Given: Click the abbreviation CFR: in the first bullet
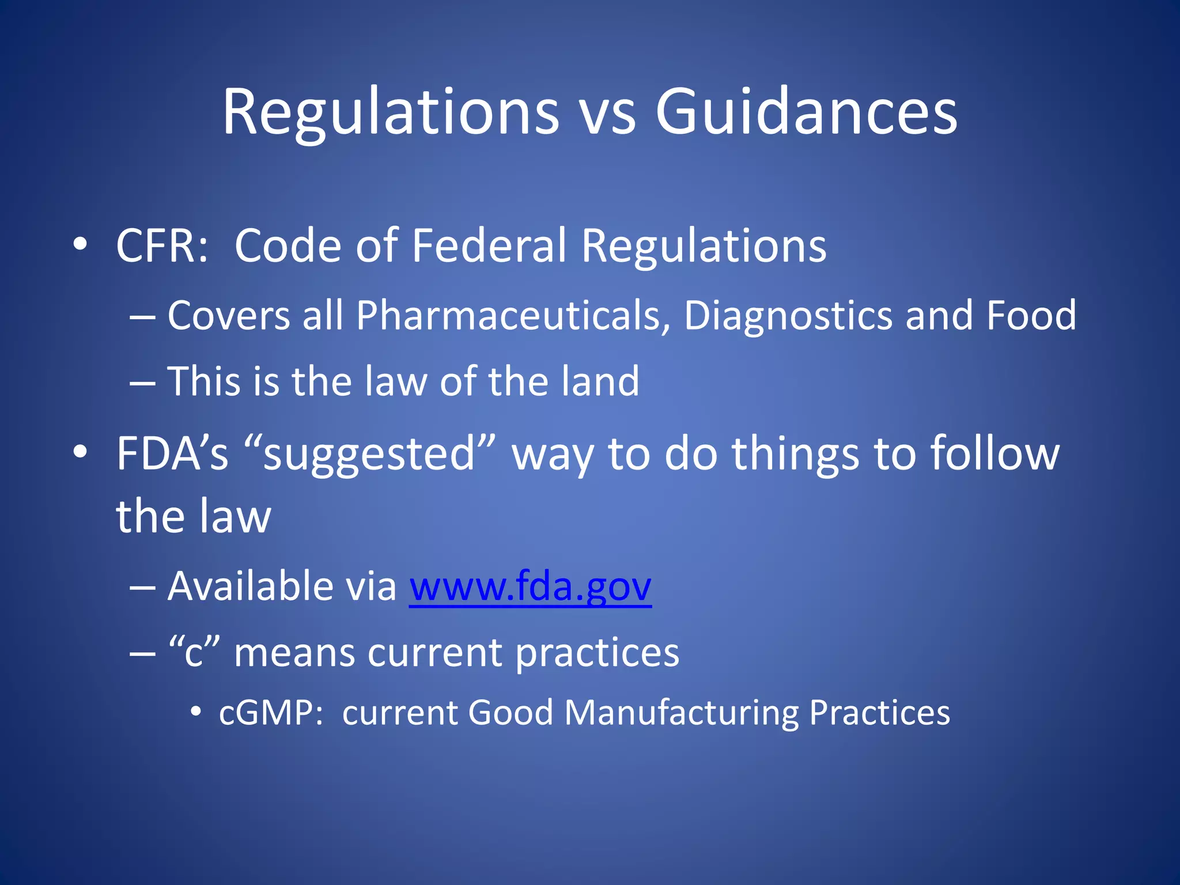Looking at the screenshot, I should pyautogui.click(x=162, y=246).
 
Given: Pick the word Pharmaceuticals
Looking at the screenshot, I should pyautogui.click(x=513, y=316).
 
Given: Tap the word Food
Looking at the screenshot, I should pyautogui.click(x=1031, y=315).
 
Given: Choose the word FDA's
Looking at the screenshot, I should pyautogui.click(x=172, y=453).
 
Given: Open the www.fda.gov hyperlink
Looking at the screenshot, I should pyautogui.click(x=530, y=587).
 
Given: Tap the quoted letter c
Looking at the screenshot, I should pyautogui.click(x=194, y=653).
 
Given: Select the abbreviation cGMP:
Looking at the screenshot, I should pyautogui.click(x=271, y=713).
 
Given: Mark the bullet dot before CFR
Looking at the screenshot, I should pyautogui.click(x=80, y=245).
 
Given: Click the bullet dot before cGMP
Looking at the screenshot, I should pyautogui.click(x=196, y=713).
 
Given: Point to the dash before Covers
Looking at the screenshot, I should pyautogui.click(x=142, y=317).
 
